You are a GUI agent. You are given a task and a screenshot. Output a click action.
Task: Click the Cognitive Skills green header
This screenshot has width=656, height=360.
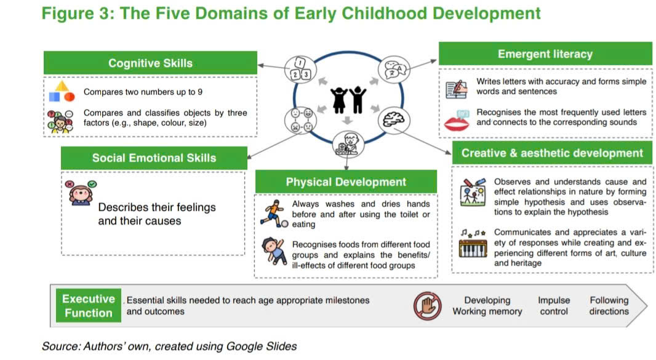150,63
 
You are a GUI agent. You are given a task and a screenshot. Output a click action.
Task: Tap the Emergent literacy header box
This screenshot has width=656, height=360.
545,54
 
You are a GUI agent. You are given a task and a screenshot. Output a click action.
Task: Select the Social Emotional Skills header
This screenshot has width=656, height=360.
154,158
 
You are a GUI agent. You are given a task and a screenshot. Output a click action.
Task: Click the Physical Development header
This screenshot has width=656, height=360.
346,182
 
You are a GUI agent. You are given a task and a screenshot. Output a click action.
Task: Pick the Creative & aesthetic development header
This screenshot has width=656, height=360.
552,153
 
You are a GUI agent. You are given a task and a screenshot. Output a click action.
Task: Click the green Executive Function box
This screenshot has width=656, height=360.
88,306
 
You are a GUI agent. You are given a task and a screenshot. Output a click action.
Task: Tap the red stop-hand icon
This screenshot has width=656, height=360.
427,306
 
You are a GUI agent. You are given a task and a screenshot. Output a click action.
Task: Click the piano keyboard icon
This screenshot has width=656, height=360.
473,248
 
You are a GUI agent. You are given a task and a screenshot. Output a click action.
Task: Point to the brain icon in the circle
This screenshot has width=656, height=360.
394,120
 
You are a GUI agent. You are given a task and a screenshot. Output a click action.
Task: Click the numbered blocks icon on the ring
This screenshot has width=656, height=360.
300,70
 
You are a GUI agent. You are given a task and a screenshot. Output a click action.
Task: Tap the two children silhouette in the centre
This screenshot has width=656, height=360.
348,100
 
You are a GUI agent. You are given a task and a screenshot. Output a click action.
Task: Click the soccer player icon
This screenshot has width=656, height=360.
274,214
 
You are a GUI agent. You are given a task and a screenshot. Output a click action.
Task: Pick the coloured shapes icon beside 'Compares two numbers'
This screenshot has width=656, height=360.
62,92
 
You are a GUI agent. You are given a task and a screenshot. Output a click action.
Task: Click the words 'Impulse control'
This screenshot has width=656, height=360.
553,306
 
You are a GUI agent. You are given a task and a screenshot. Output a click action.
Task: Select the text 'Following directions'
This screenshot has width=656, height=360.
609,306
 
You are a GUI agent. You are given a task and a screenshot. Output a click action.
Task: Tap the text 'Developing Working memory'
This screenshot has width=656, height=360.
487,306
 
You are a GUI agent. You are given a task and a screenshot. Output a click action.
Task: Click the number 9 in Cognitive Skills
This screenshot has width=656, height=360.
200,92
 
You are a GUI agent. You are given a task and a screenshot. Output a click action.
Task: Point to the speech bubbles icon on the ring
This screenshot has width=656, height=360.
394,70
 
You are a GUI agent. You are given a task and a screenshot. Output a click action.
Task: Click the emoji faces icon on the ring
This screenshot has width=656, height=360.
300,120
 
